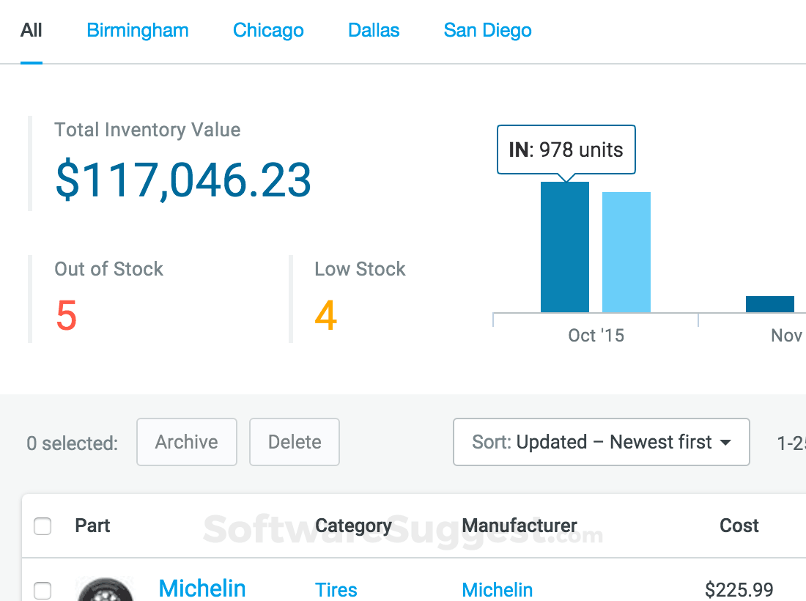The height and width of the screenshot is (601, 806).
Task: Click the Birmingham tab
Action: pos(137,31)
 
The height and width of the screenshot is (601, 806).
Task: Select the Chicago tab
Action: pos(268,31)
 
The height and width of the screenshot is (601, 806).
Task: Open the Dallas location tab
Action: pos(374,31)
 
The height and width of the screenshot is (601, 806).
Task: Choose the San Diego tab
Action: pos(487,31)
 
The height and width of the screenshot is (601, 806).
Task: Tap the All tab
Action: pos(32,31)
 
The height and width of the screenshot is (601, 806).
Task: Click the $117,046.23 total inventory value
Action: pos(183,180)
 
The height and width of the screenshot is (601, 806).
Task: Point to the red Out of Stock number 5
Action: pos(66,316)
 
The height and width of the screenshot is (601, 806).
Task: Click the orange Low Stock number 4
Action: pos(325,316)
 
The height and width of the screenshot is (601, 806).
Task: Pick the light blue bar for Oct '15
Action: pos(626,252)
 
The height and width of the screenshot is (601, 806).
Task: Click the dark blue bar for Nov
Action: pos(769,304)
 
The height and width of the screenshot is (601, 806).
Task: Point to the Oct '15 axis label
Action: pos(596,336)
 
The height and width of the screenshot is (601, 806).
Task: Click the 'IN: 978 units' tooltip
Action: pos(566,150)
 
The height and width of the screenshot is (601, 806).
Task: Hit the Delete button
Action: pos(295,442)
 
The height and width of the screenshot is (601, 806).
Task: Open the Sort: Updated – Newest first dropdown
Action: pos(601,442)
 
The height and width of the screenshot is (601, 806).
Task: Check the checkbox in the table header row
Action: pos(42,526)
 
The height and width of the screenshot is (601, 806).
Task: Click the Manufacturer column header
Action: pos(520,526)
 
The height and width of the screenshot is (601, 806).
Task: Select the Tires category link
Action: pos(336,589)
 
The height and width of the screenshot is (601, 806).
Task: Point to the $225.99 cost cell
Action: pos(739,589)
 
